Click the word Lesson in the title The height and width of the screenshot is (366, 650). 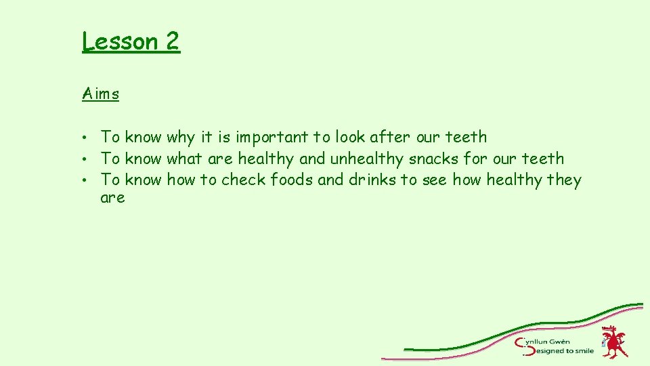[x=120, y=41]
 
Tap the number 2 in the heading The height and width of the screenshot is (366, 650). [x=172, y=41]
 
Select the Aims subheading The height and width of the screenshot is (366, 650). [x=101, y=94]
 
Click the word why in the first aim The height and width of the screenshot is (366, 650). [x=180, y=138]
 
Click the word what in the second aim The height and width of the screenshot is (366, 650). [x=184, y=159]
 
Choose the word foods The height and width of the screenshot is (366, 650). [x=292, y=180]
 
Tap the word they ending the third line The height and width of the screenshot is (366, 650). [x=563, y=180]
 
